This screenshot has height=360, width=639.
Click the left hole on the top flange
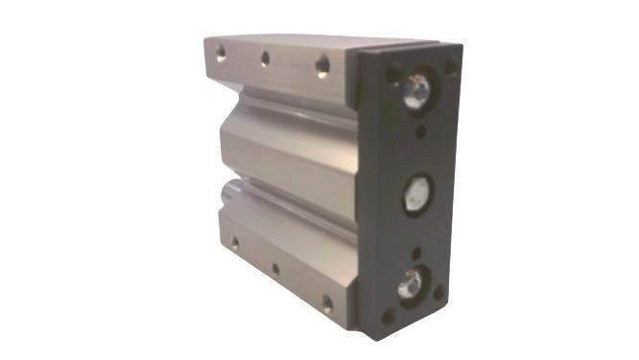(221, 54)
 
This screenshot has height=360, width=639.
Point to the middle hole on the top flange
(265, 60)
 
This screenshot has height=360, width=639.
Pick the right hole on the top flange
(322, 66)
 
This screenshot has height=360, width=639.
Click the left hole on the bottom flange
(234, 244)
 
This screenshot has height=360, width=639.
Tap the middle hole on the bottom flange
(275, 270)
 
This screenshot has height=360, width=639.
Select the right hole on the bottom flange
(327, 304)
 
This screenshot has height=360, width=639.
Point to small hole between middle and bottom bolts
(416, 252)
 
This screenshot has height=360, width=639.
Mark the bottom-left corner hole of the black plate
(388, 313)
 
